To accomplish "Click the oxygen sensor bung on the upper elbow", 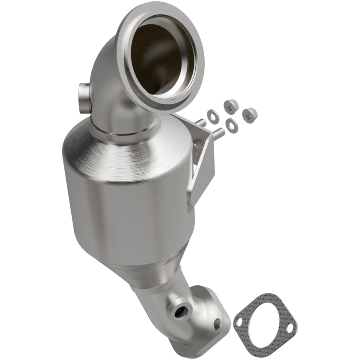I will pos(84,93).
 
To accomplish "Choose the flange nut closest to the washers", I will pos(230,106).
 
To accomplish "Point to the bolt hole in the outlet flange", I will pos(217,322).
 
